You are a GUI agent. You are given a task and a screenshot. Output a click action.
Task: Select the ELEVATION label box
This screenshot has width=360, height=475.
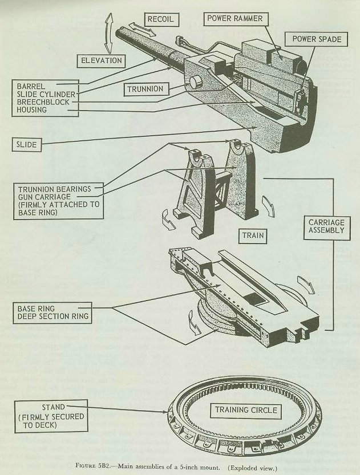pyautogui.click(x=101, y=59)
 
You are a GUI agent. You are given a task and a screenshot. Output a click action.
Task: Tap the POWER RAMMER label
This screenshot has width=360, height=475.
pyautogui.click(x=234, y=19)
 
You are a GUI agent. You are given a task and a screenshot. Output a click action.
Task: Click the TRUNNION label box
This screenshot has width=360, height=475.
pyautogui.click(x=145, y=89)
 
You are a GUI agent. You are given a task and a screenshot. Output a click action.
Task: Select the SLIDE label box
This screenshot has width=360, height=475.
pyautogui.click(x=26, y=145)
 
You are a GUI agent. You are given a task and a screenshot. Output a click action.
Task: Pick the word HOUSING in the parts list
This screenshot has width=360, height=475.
pyautogui.click(x=33, y=110)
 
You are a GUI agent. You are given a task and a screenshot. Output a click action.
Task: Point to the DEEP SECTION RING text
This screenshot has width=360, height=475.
pyautogui.click(x=52, y=318)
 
